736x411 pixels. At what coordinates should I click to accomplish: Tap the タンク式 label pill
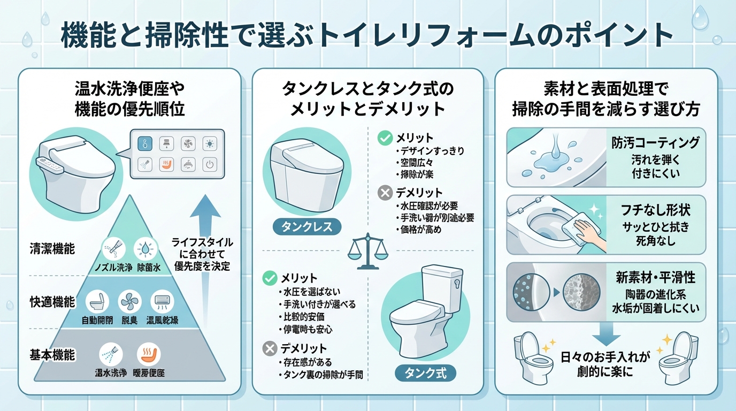(x=425, y=372)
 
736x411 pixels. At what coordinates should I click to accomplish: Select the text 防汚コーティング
(x=656, y=142)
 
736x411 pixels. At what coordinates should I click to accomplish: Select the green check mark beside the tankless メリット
(x=385, y=139)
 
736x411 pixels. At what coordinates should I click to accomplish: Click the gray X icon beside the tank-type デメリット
(x=270, y=349)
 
